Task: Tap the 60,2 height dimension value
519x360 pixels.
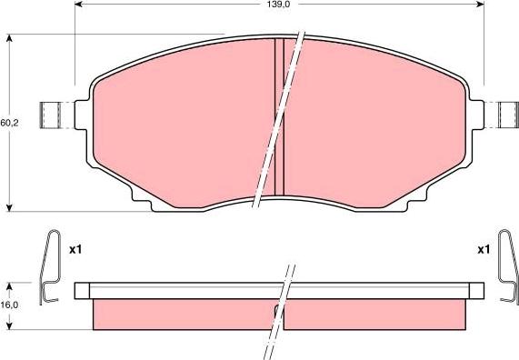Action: (x=8, y=123)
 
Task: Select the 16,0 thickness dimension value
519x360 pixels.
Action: (x=8, y=305)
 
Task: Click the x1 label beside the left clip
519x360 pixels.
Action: (x=76, y=248)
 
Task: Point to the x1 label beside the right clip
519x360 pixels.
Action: (x=483, y=248)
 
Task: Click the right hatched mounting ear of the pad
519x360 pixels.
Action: (x=505, y=115)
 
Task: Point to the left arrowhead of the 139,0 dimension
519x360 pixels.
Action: (x=77, y=5)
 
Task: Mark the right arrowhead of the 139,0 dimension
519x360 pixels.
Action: (x=479, y=5)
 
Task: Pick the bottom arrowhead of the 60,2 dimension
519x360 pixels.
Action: (x=9, y=206)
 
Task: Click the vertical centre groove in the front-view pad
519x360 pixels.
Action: (x=280, y=118)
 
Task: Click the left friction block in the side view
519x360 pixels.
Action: (x=182, y=314)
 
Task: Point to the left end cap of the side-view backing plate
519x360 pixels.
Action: (x=83, y=291)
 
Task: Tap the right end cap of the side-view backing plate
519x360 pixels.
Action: (x=474, y=291)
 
